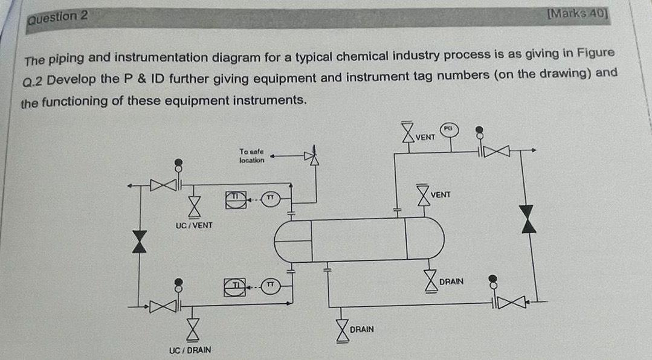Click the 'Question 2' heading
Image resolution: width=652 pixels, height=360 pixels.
58,17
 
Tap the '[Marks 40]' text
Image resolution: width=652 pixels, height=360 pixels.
578,14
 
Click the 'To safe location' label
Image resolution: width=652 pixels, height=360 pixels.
251,156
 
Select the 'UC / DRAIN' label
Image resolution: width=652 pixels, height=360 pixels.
191,350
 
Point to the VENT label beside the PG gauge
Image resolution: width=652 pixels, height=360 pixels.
425,137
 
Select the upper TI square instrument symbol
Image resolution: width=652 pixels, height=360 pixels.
237,198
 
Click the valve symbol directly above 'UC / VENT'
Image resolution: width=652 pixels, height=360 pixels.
192,207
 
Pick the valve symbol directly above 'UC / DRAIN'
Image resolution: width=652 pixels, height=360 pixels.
192,331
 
